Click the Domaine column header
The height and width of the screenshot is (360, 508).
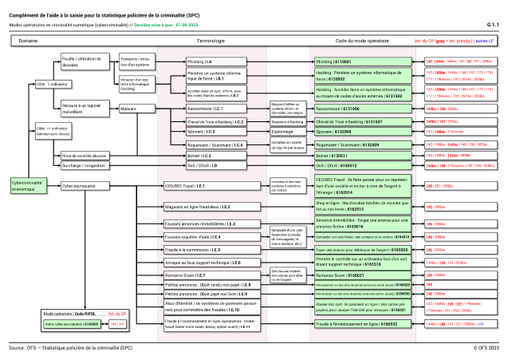coord(29,39)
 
